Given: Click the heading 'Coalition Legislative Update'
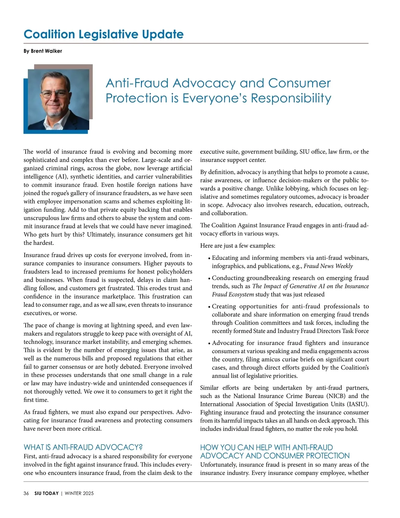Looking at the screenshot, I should point(103,34).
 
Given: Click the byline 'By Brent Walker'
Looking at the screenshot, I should point(43,51).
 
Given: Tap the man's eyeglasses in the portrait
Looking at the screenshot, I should point(55,93).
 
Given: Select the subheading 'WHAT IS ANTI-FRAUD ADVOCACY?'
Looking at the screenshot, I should point(83,447).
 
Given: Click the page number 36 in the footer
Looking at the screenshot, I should point(26,493).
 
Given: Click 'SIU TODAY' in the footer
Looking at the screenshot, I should point(46,493).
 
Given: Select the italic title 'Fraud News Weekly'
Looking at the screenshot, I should point(328,266).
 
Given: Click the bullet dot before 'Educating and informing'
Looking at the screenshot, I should point(209,258).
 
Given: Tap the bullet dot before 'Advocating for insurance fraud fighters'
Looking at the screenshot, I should point(209,344).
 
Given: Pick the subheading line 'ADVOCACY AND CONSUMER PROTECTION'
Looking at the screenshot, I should point(275,456).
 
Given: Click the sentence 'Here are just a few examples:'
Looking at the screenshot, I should point(238,246).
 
